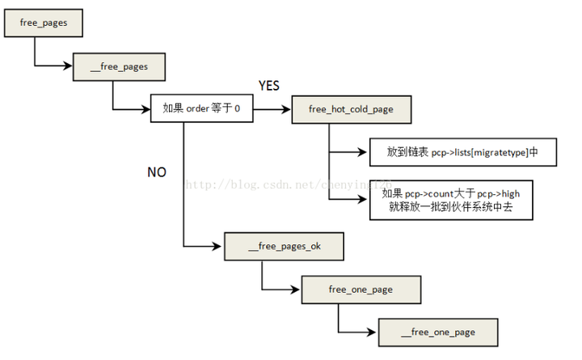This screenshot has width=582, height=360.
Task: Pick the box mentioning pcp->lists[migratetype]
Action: coord(462,151)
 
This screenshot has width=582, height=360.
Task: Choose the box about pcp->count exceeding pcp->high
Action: coord(462,200)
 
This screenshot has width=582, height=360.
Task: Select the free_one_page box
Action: coord(361,288)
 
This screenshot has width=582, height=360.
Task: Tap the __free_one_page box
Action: coord(437,332)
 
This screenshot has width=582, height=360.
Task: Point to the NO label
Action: coord(157,172)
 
